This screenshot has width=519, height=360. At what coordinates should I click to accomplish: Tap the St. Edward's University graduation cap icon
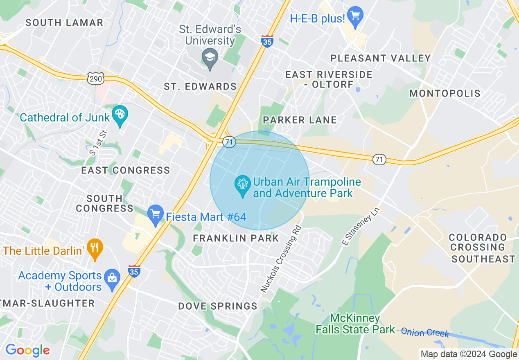click(x=210, y=58)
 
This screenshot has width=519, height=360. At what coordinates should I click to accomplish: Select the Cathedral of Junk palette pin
click(x=120, y=115)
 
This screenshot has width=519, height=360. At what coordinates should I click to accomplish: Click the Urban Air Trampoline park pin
click(x=243, y=185)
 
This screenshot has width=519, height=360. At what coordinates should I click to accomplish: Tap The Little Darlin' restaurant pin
click(x=95, y=248)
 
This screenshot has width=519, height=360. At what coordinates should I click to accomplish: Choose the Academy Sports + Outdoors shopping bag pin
click(x=112, y=278)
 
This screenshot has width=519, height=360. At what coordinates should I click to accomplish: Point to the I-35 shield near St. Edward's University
click(x=267, y=41)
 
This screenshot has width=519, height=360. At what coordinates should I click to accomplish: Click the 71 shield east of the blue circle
click(x=379, y=160)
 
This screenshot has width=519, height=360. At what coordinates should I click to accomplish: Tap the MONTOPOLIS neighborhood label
click(x=445, y=94)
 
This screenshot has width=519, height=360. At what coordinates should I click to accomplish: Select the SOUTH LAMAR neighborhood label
click(x=65, y=23)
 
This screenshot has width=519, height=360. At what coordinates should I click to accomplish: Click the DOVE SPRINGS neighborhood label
click(x=218, y=306)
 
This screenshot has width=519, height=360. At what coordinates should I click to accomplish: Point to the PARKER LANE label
click(x=300, y=120)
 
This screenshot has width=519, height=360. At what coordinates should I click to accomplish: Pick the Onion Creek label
click(x=425, y=332)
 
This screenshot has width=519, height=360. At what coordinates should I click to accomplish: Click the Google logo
click(x=27, y=351)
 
